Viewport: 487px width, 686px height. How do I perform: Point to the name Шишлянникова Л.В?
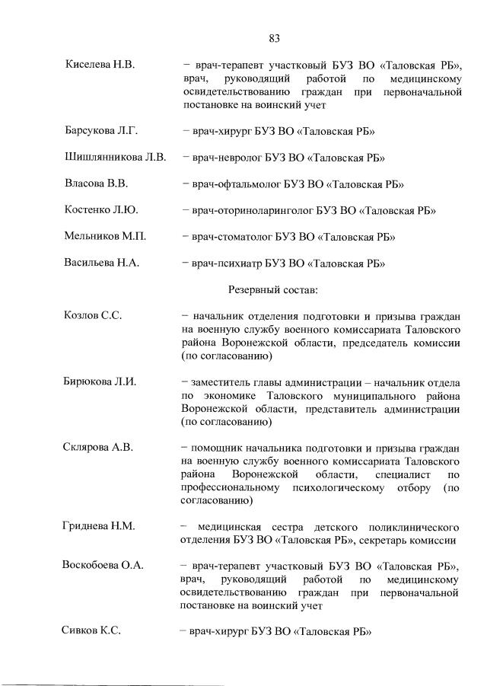(115, 158)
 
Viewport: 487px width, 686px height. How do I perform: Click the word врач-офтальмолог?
(234, 184)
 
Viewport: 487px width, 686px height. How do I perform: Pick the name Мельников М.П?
(105, 237)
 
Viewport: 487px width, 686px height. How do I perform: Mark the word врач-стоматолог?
(229, 237)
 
